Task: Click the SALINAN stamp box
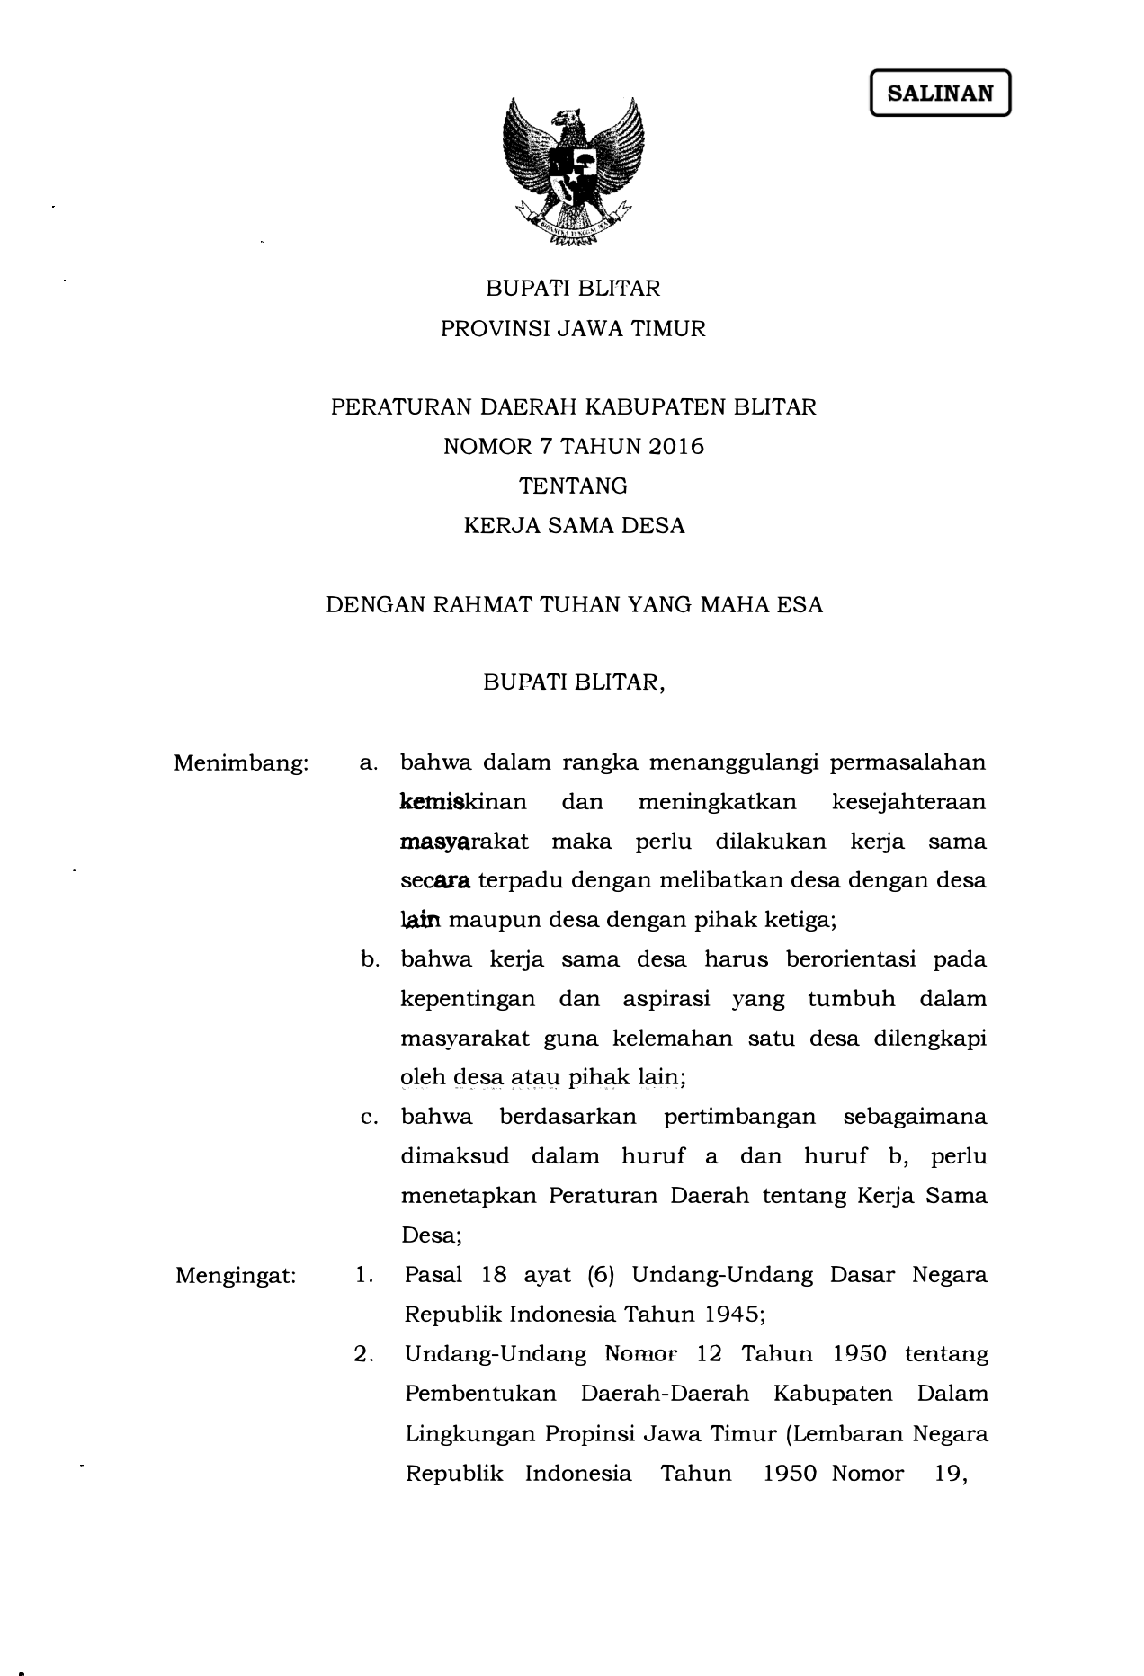pyautogui.click(x=940, y=93)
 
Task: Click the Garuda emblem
pyautogui.click(x=573, y=172)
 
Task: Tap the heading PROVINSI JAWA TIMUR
pyautogui.click(x=573, y=329)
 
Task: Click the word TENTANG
pyautogui.click(x=573, y=486)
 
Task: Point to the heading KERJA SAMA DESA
pyautogui.click(x=574, y=526)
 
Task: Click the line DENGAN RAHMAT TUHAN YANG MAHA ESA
pyautogui.click(x=574, y=605)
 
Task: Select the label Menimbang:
pyautogui.click(x=241, y=764)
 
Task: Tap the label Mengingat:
pyautogui.click(x=236, y=1276)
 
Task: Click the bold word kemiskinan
pyautogui.click(x=463, y=802)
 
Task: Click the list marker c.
pyautogui.click(x=368, y=1118)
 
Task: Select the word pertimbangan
pyautogui.click(x=739, y=1118)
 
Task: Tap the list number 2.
pyautogui.click(x=364, y=1355)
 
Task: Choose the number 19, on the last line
pyautogui.click(x=951, y=1474)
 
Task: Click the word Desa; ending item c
pyautogui.click(x=431, y=1236)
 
